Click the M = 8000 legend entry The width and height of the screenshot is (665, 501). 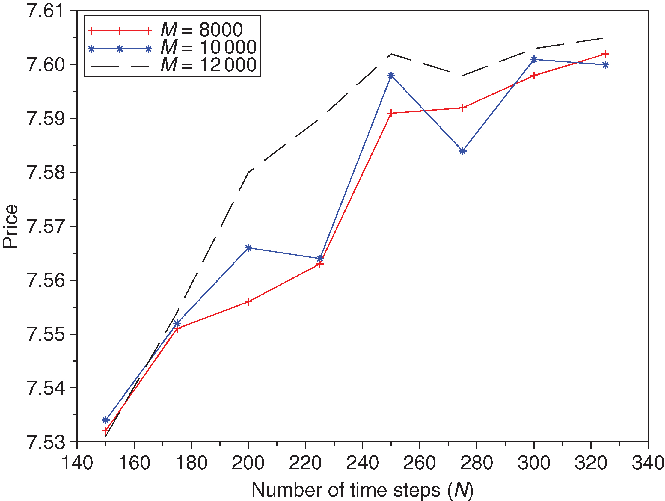[x=201, y=30]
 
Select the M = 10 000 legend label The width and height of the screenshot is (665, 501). [x=208, y=47]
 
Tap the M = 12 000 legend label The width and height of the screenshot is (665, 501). [x=208, y=65]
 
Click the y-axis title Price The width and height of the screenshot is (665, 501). [x=10, y=226]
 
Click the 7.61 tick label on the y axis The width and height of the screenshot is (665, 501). [x=46, y=11]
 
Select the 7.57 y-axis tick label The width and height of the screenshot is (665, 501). [x=46, y=226]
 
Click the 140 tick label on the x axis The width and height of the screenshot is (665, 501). [x=77, y=463]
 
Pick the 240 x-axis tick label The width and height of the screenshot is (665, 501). [x=363, y=463]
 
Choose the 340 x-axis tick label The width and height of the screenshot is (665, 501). [x=648, y=463]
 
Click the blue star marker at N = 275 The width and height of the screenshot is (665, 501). [x=463, y=151]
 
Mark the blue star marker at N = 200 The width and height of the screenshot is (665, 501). [x=248, y=248]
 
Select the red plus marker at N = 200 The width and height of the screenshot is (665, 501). [x=248, y=302]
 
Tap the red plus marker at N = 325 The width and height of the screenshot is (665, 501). [x=605, y=54]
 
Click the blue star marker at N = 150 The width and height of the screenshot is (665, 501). [x=105, y=420]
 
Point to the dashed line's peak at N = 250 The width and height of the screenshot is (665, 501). [x=391, y=54]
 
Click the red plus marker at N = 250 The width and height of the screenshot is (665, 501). [x=391, y=113]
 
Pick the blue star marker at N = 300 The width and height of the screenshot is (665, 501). [x=534, y=60]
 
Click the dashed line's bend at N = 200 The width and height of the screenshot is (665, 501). [x=248, y=173]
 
